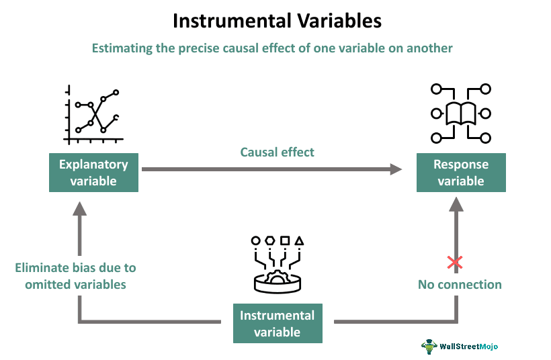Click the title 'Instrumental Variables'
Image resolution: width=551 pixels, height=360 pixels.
tap(276, 21)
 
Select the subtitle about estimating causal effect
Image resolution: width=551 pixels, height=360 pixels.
tap(276, 48)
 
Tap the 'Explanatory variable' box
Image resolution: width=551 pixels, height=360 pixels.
tap(93, 173)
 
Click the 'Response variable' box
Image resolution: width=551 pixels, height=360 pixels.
tap(460, 173)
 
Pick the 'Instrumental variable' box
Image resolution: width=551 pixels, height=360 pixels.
tap(277, 323)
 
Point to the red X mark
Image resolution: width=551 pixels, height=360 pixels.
tap(455, 262)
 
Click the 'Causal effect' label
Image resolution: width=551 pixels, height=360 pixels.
tap(277, 152)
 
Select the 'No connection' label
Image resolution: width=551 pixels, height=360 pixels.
tap(460, 284)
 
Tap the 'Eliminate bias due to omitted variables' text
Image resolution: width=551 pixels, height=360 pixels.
tap(75, 276)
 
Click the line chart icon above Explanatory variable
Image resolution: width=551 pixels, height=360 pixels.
tap(93, 115)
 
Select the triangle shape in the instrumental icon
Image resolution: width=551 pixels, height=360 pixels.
tap(300, 240)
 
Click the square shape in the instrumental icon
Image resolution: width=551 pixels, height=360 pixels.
tap(285, 240)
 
